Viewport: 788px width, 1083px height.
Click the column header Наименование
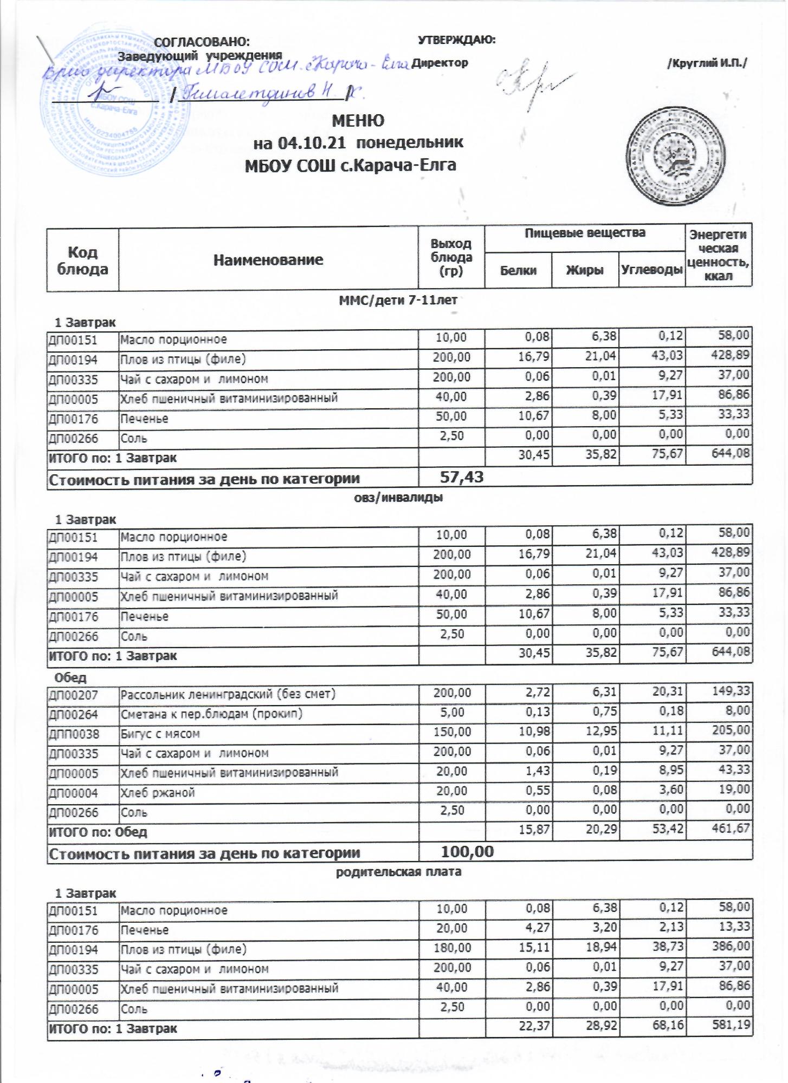[268, 259]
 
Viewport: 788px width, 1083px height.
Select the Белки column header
[518, 269]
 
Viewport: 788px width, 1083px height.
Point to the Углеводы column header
[651, 269]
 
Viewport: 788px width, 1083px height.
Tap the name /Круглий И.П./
[707, 63]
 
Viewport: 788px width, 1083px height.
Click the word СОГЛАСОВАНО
[202, 42]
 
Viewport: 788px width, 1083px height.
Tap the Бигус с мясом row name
[160, 734]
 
